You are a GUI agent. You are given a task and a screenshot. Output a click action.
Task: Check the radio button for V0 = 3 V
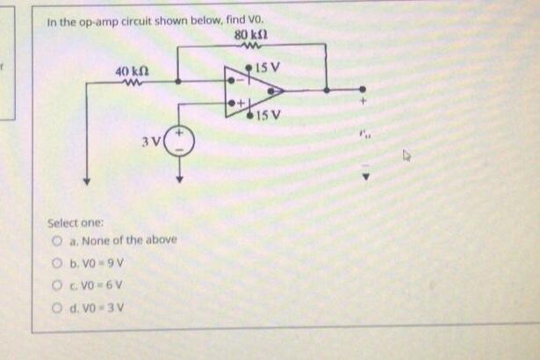tap(54, 306)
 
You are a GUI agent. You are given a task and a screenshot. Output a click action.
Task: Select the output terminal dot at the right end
tap(361, 89)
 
